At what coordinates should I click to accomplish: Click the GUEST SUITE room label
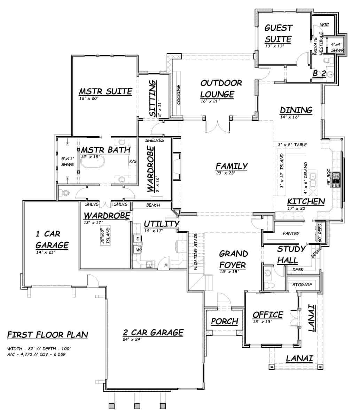click(278, 33)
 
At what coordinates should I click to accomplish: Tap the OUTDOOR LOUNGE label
click(221, 88)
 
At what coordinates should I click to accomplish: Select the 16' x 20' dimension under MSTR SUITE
click(89, 99)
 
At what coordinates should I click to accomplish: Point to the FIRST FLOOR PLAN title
click(47, 335)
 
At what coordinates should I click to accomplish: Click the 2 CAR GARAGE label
click(153, 332)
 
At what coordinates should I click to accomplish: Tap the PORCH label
click(225, 321)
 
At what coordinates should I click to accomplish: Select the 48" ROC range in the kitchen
click(336, 178)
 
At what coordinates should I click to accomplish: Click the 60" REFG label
click(321, 233)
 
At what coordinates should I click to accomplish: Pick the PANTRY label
click(291, 233)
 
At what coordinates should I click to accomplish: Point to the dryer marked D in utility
click(138, 239)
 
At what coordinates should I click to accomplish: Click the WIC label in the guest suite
click(324, 25)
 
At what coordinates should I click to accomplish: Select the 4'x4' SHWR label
click(337, 47)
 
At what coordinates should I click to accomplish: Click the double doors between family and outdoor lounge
click(218, 127)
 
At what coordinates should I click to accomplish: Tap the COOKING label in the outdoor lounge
click(178, 95)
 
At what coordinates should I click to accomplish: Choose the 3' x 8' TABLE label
click(292, 144)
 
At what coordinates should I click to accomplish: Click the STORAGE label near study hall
click(302, 285)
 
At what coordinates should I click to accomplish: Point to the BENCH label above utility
click(153, 205)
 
